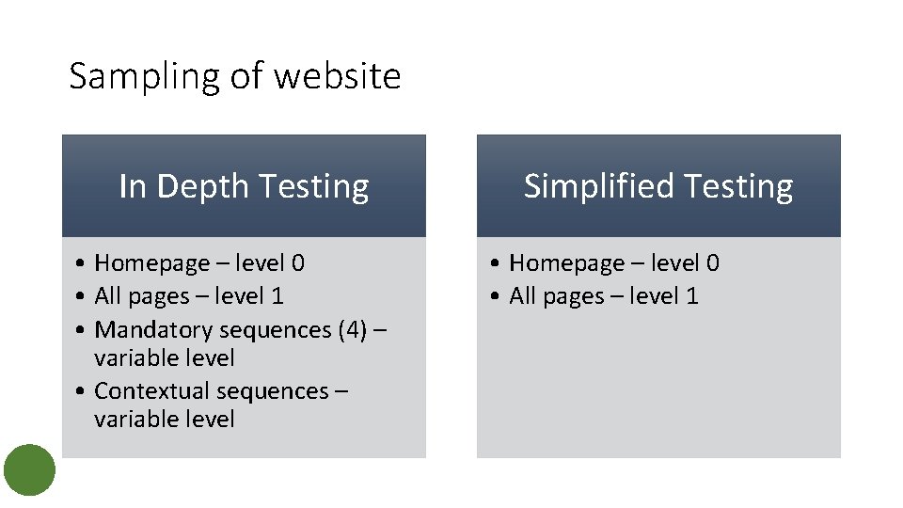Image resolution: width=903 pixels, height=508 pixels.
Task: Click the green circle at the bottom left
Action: (29, 470)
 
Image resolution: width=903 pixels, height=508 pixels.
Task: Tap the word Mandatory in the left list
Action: (154, 330)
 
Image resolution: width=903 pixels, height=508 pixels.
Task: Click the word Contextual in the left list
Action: (152, 391)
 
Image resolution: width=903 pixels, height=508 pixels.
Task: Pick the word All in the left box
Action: (109, 296)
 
